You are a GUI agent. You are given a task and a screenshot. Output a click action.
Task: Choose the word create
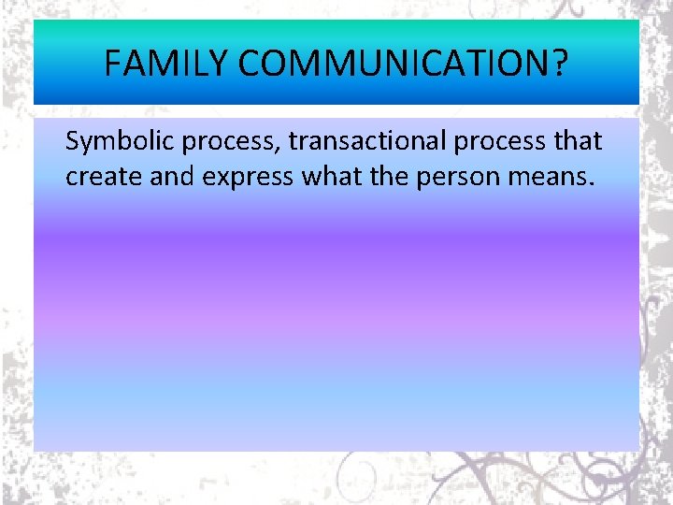(104, 177)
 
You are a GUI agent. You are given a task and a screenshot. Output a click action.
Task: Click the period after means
(590, 184)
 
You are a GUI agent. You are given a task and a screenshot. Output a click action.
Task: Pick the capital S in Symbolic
(73, 142)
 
